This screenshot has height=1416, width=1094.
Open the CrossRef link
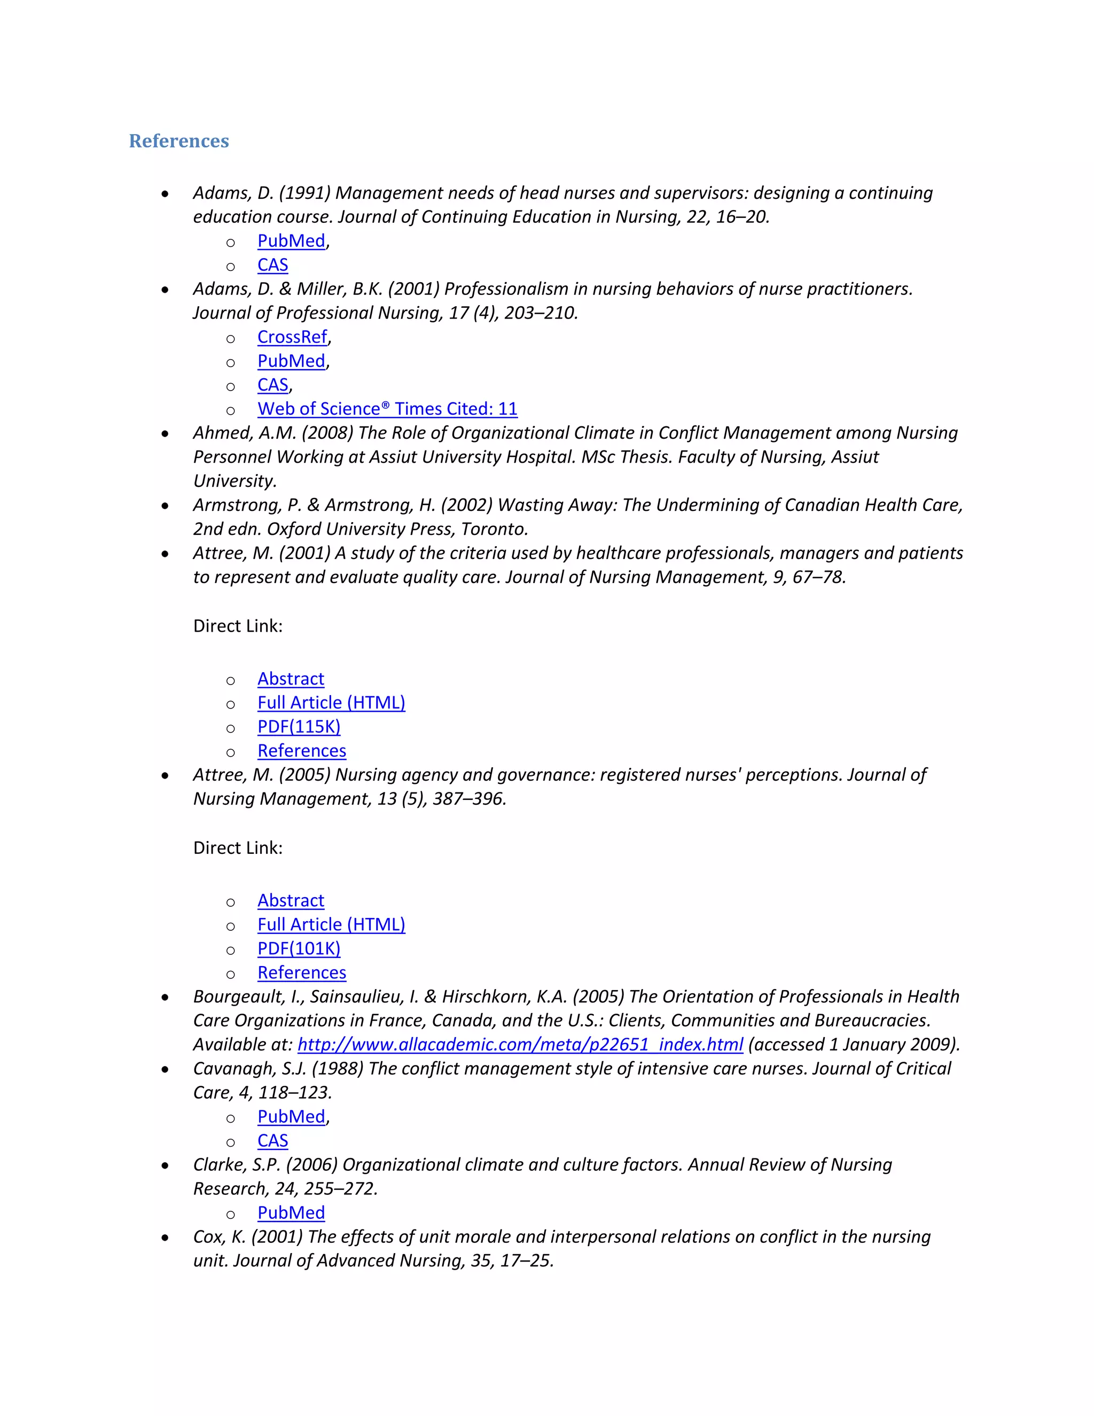[x=292, y=337]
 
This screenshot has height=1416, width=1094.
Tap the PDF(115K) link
[x=299, y=726]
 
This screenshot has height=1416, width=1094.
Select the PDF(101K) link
[x=299, y=948]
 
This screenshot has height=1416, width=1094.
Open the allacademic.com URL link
[x=520, y=1044]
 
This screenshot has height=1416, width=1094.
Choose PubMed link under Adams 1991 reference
[x=291, y=240]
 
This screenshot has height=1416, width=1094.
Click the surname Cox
[x=209, y=1236]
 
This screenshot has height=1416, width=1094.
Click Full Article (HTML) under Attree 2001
[x=331, y=702]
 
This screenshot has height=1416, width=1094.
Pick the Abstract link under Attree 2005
[x=291, y=900]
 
